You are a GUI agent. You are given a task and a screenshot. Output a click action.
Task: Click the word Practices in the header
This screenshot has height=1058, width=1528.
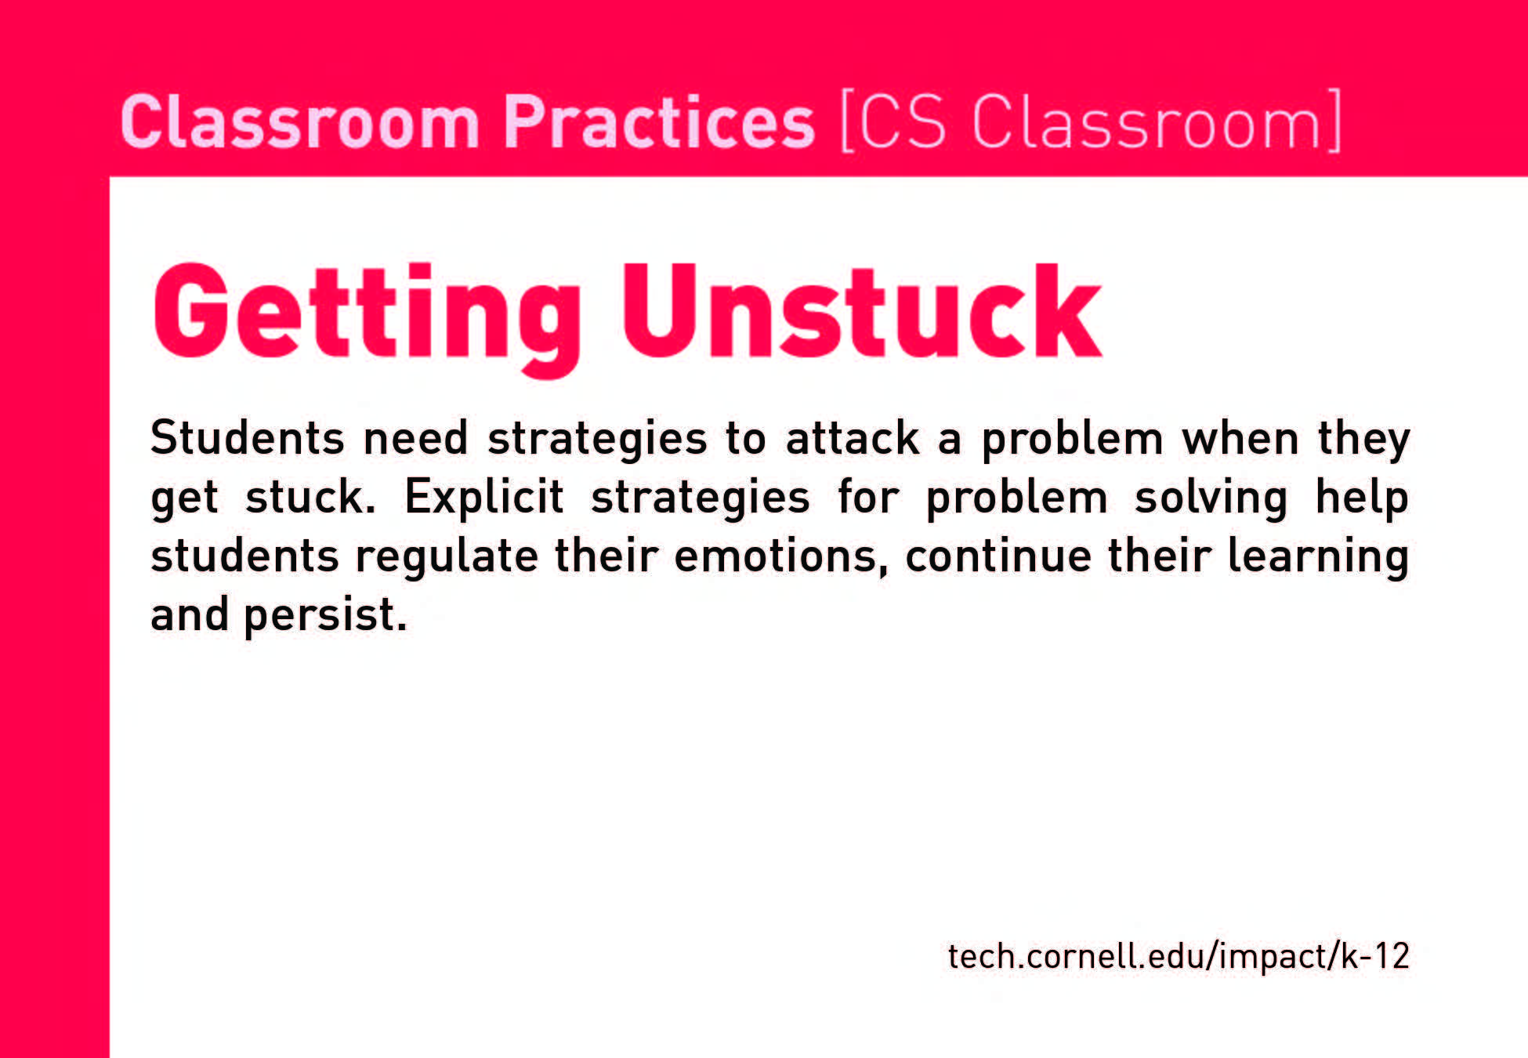click(659, 121)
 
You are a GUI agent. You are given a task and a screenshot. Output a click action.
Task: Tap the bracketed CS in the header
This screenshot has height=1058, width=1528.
click(893, 121)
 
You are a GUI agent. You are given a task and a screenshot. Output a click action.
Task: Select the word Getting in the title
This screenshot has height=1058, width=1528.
click(367, 317)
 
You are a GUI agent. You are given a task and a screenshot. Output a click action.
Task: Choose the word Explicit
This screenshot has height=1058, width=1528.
click(483, 497)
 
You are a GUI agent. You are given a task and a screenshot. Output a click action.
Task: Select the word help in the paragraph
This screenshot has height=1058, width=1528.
click(1362, 498)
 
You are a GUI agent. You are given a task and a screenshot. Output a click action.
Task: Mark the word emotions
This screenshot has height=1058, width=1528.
click(780, 556)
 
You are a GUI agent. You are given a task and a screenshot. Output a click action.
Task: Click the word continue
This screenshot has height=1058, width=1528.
click(998, 556)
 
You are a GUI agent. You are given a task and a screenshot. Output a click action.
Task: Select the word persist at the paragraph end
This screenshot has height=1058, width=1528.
click(326, 616)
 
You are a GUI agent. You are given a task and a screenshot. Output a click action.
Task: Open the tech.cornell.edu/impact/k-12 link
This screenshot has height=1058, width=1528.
click(1179, 957)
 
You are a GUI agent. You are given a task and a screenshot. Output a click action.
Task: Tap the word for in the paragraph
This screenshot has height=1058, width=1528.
click(867, 497)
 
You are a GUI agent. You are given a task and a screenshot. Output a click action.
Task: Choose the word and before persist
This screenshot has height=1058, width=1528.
click(189, 614)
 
